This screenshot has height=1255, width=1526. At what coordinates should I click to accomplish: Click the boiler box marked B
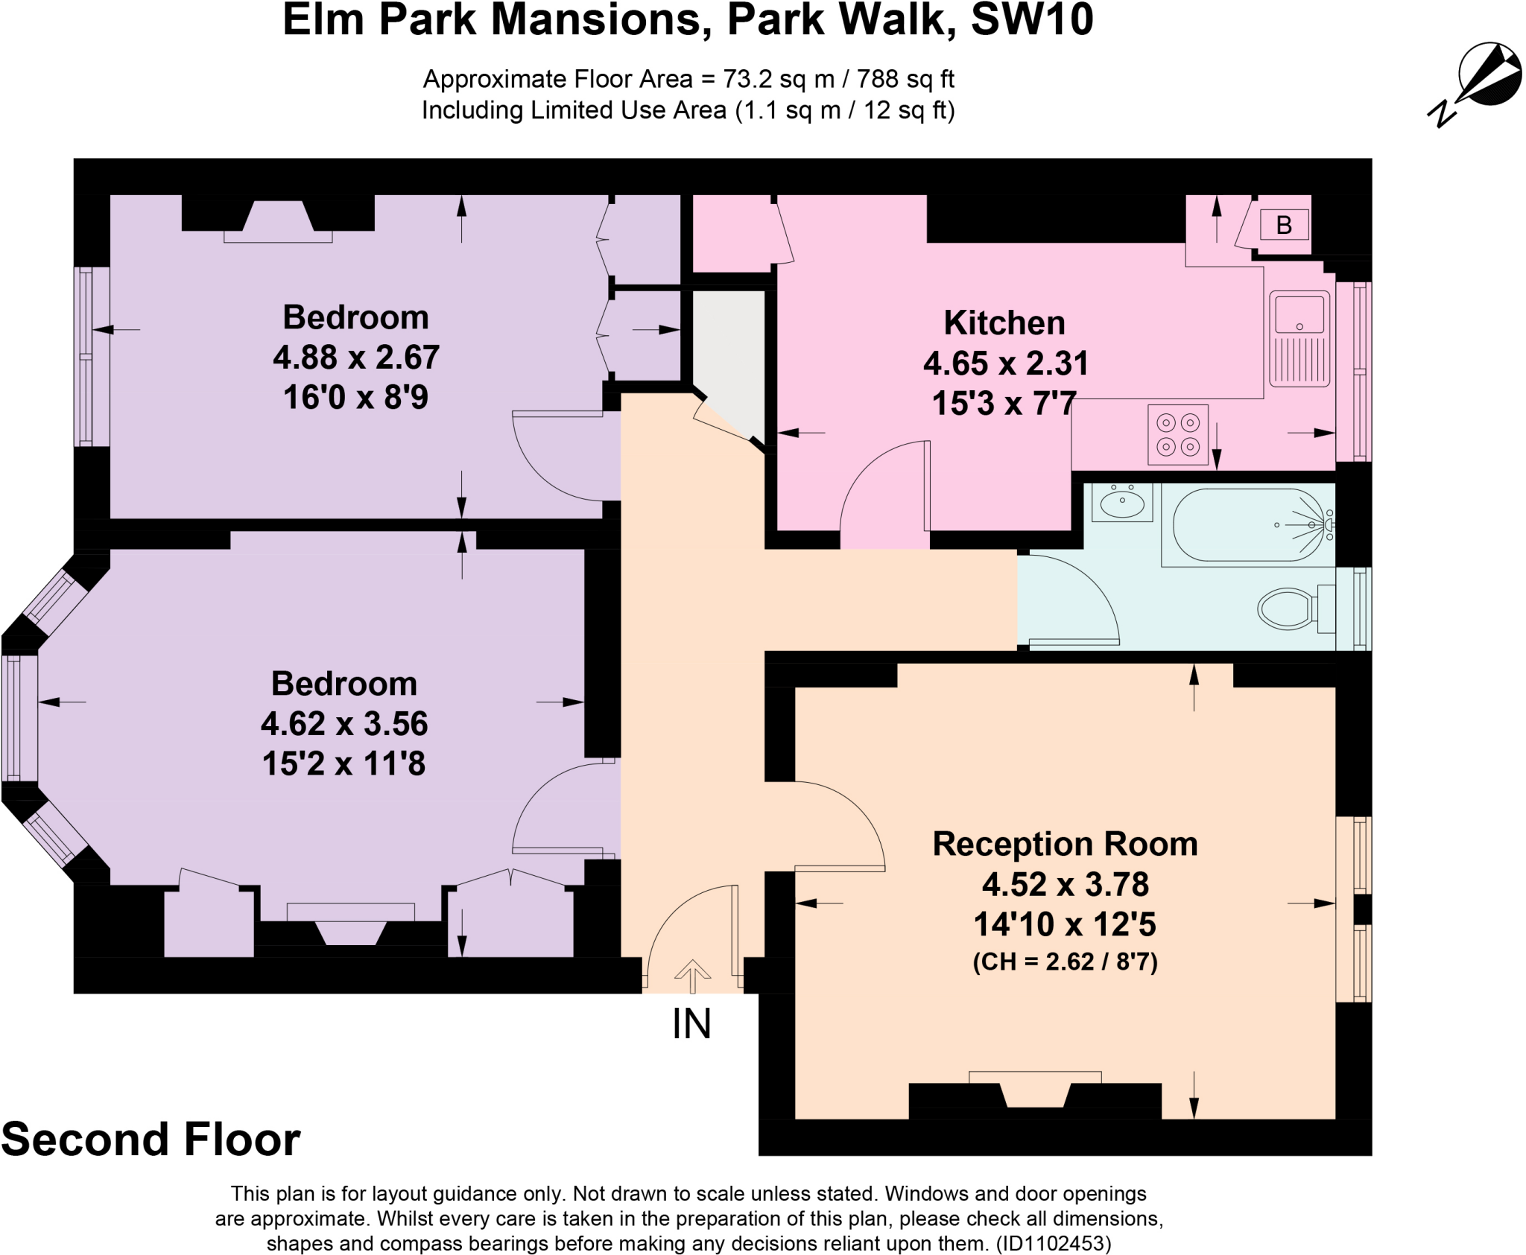tap(1284, 225)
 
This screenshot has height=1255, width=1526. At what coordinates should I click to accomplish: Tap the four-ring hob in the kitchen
tap(1178, 434)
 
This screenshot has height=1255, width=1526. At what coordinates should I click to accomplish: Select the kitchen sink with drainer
tap(1299, 339)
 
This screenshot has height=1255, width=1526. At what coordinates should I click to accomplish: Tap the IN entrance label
tap(691, 1024)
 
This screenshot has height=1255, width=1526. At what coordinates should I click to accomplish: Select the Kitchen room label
tap(1004, 323)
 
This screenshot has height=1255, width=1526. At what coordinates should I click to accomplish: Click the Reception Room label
tap(1065, 844)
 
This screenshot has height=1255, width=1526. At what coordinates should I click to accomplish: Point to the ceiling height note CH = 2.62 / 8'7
tap(1065, 962)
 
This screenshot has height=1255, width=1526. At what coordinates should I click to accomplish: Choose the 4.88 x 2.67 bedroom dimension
tap(355, 358)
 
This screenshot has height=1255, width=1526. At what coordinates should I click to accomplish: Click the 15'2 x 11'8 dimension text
tap(343, 763)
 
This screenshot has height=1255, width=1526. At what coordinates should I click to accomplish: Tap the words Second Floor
tap(151, 1140)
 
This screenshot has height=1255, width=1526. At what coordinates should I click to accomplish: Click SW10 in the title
tap(1032, 20)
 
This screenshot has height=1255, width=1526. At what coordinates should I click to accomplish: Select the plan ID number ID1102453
tap(1054, 1243)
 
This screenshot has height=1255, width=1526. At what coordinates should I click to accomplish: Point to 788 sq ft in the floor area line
tap(905, 79)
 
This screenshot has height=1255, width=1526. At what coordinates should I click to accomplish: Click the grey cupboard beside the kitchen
tap(729, 358)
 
